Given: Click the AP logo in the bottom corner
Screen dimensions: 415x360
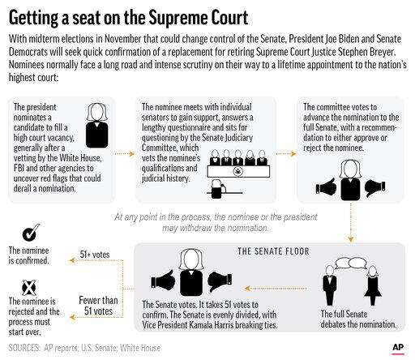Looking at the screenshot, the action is click(398, 348).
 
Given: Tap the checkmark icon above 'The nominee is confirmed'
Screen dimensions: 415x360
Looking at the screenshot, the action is click(31, 233).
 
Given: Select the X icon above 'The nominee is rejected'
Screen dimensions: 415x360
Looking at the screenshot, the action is click(29, 287).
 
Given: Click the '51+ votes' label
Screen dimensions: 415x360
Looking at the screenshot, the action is click(95, 255).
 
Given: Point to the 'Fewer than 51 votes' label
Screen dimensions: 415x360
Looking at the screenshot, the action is click(98, 306).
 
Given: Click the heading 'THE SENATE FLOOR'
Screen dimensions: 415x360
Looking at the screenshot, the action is click(273, 251).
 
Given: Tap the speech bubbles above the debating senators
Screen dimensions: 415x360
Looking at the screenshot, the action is click(351, 263).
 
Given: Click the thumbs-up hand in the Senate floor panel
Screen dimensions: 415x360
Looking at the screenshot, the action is click(163, 280).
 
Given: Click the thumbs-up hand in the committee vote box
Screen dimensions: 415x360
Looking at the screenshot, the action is click(327, 186).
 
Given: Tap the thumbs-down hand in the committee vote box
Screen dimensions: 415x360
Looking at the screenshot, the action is click(374, 187).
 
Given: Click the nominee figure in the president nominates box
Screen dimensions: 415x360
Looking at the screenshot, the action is click(96, 126).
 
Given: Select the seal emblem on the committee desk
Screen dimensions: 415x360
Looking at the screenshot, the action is click(237, 171).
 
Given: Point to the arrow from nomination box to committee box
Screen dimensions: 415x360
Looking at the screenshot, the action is click(124, 154).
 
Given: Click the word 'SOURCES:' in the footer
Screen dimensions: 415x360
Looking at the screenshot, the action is click(24, 348).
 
